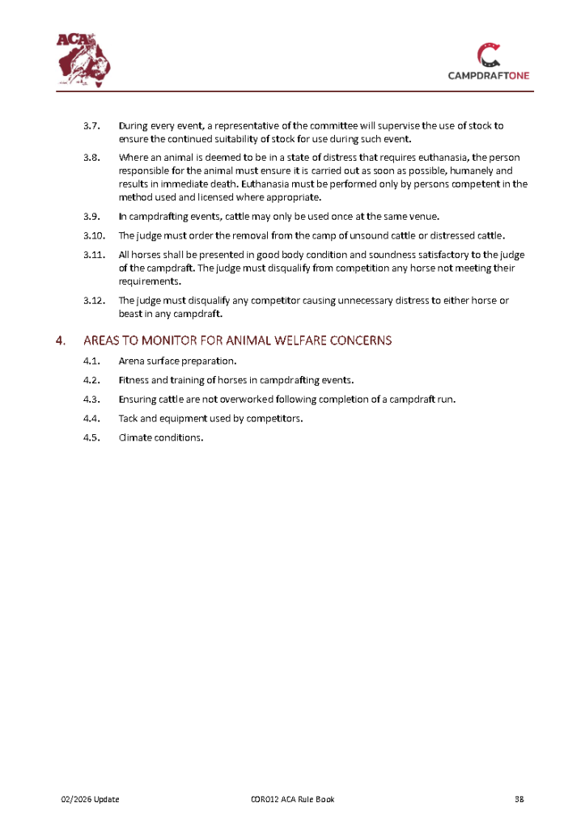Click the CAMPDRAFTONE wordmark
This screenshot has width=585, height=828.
(489, 75)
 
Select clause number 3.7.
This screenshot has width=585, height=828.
(91, 126)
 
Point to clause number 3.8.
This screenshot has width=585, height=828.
(91, 157)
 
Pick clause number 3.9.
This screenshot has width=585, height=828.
(91, 217)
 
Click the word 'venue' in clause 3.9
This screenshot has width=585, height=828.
(422, 217)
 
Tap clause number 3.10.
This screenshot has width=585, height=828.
(94, 236)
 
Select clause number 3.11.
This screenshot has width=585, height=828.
(94, 256)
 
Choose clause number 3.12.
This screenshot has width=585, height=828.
(94, 301)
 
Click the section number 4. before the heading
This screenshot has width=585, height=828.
(61, 340)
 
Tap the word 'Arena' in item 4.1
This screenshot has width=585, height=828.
(132, 361)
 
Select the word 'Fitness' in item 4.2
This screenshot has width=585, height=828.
(135, 380)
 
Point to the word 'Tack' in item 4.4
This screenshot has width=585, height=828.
(129, 419)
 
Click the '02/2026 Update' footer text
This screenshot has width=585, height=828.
(91, 800)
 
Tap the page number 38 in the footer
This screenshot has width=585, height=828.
(520, 800)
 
